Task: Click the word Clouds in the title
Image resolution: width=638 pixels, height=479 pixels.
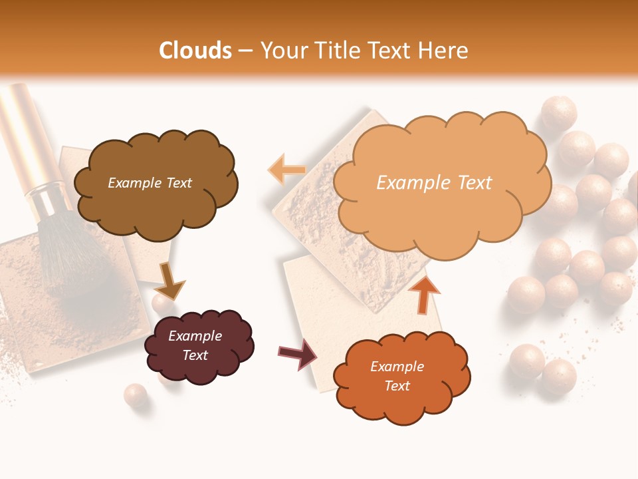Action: pyautogui.click(x=195, y=51)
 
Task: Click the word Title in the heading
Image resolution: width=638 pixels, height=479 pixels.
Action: pyautogui.click(x=340, y=51)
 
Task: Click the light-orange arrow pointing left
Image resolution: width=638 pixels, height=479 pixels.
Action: pyautogui.click(x=286, y=170)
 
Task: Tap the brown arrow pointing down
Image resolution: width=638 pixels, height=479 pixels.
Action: pyautogui.click(x=169, y=282)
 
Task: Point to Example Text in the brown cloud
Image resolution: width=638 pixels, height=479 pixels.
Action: pyautogui.click(x=150, y=183)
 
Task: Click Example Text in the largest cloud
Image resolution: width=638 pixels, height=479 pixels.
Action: pyautogui.click(x=434, y=183)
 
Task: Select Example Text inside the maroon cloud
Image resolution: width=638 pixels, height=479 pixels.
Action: pyautogui.click(x=195, y=345)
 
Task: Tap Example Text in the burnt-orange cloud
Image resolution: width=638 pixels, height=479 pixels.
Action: pyautogui.click(x=397, y=376)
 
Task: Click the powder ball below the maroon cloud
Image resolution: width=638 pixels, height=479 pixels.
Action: pyautogui.click(x=135, y=395)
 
